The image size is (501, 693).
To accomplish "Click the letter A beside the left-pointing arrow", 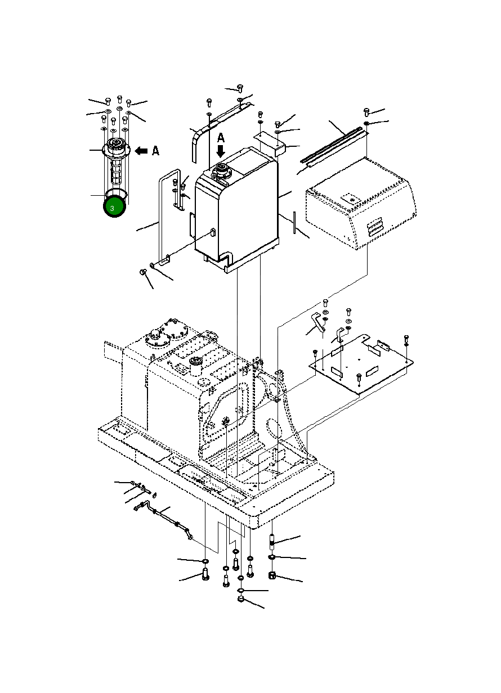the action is (x=156, y=151).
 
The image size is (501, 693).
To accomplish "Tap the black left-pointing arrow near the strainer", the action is (x=141, y=151).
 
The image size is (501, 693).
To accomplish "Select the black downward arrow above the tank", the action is (x=221, y=151).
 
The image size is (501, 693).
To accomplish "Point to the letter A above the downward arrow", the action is (x=221, y=138).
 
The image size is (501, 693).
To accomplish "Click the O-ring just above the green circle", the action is (x=117, y=193).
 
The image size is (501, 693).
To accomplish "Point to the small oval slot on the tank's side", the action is (x=212, y=232).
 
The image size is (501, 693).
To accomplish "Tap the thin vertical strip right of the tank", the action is (x=294, y=223).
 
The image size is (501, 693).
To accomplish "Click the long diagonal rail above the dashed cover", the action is (x=332, y=145).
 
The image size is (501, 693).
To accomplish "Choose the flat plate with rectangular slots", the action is (x=361, y=364).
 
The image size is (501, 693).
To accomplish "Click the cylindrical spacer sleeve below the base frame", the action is (x=272, y=542).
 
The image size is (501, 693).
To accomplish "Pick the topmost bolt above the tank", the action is (x=240, y=88).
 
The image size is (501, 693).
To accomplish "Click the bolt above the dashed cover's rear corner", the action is (x=366, y=112).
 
